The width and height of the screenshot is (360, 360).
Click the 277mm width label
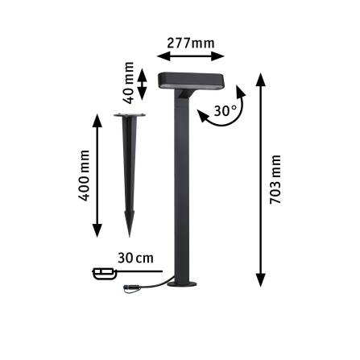click(x=191, y=41)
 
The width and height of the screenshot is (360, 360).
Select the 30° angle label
click(x=225, y=110)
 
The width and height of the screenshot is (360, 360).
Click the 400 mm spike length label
click(x=82, y=176)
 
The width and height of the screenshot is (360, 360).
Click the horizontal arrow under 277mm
click(x=191, y=56)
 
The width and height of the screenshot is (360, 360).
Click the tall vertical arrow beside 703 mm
click(x=261, y=179)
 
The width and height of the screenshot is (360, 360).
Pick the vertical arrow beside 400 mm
click(x=97, y=176)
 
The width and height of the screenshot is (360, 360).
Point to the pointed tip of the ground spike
click(x=127, y=234)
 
